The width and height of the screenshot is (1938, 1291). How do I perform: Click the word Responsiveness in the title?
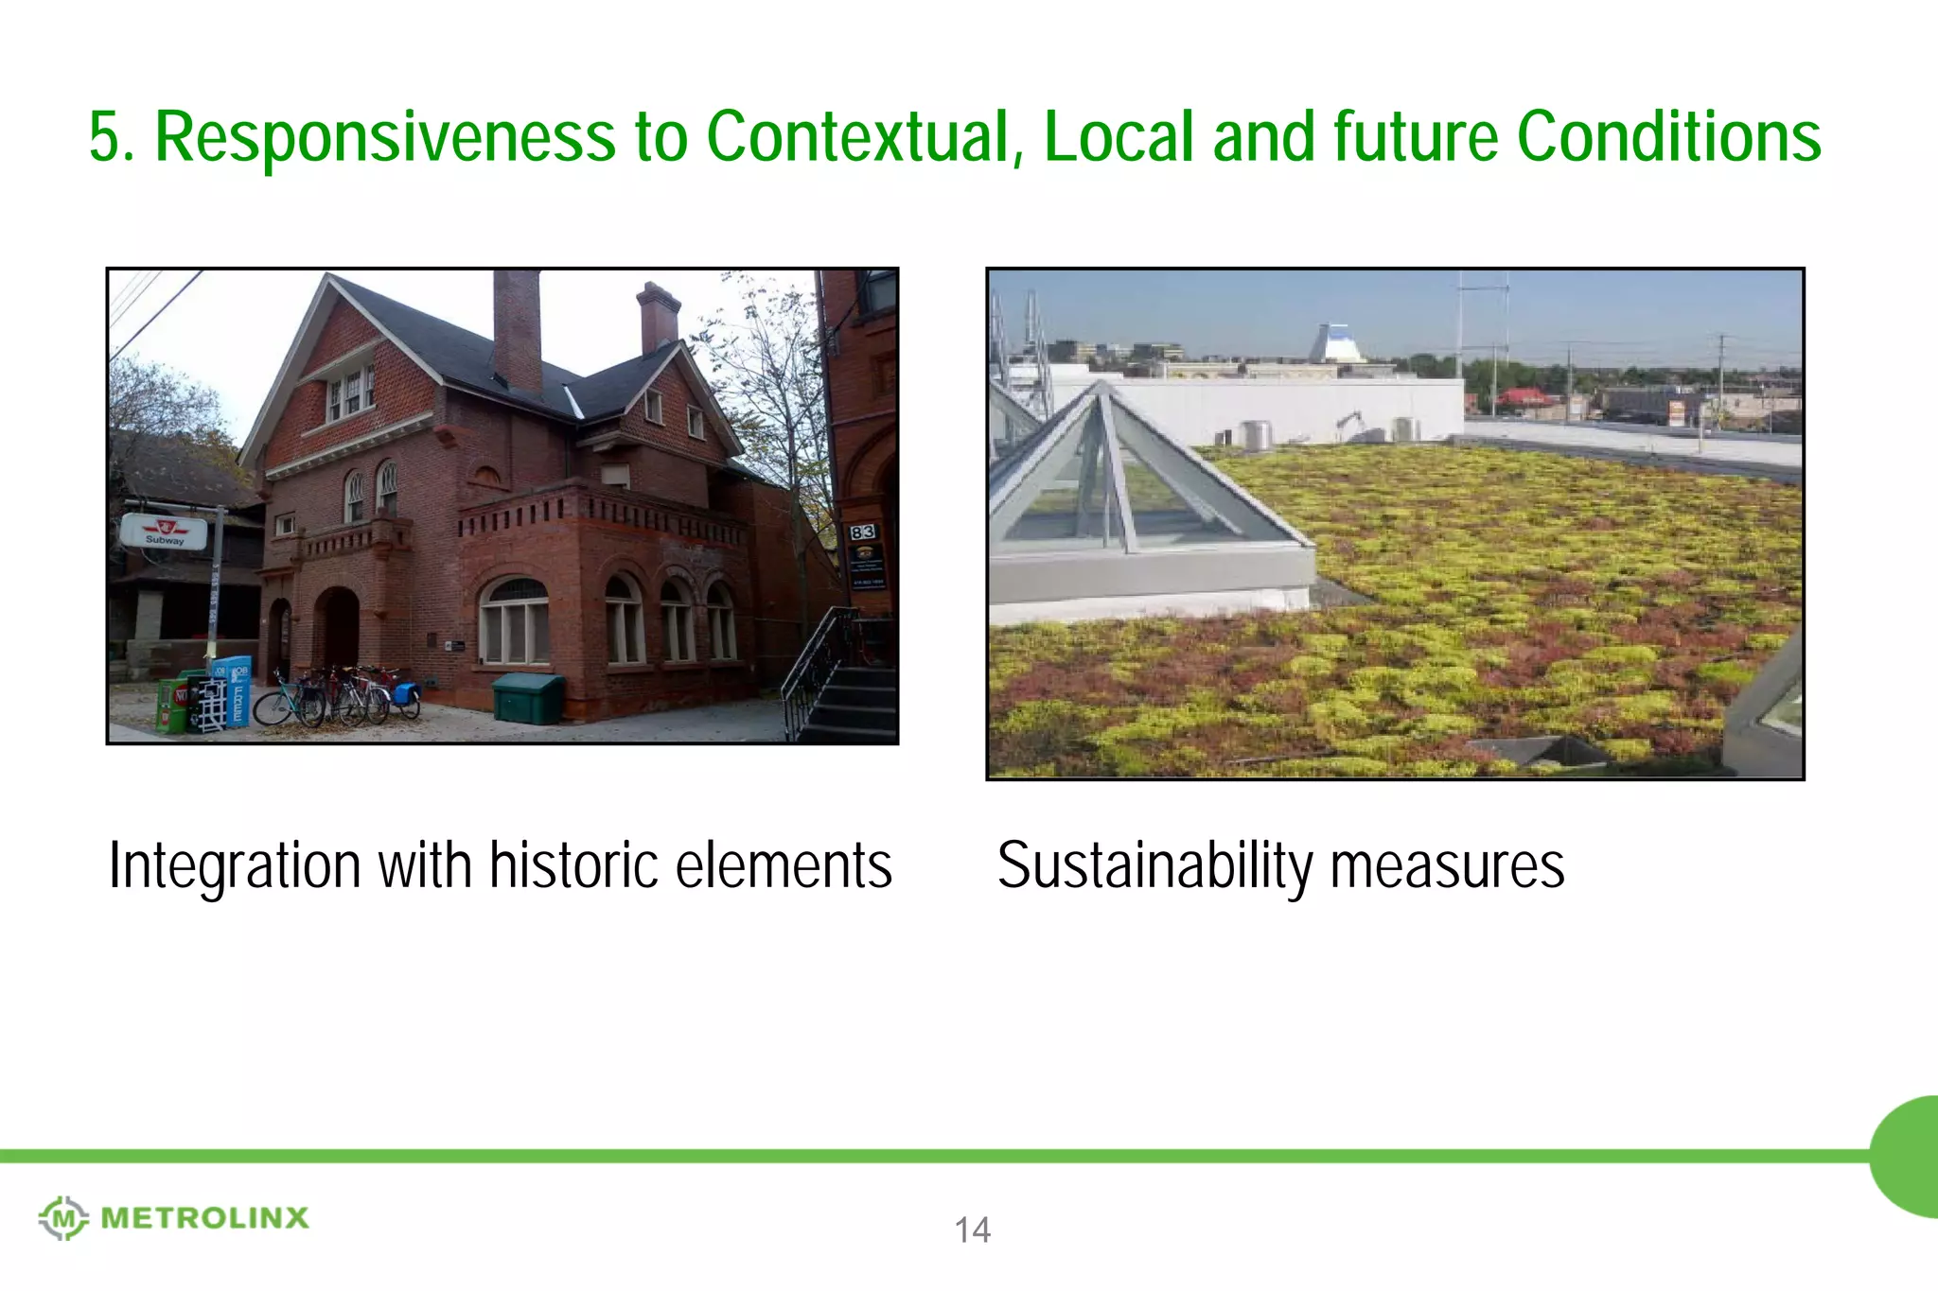click(x=384, y=138)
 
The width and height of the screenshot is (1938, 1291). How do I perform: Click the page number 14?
click(x=972, y=1230)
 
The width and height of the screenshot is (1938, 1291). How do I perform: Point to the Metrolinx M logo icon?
click(x=62, y=1217)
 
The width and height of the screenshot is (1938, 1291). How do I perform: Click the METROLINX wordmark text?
click(x=204, y=1218)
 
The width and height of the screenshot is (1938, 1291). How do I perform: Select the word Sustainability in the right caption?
click(x=1154, y=865)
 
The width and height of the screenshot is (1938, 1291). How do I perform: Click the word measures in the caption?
click(x=1447, y=865)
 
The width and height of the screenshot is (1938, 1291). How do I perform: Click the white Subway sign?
click(x=164, y=532)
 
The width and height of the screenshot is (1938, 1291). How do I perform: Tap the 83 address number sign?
click(x=862, y=532)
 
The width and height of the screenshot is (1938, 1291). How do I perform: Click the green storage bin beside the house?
click(x=528, y=698)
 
